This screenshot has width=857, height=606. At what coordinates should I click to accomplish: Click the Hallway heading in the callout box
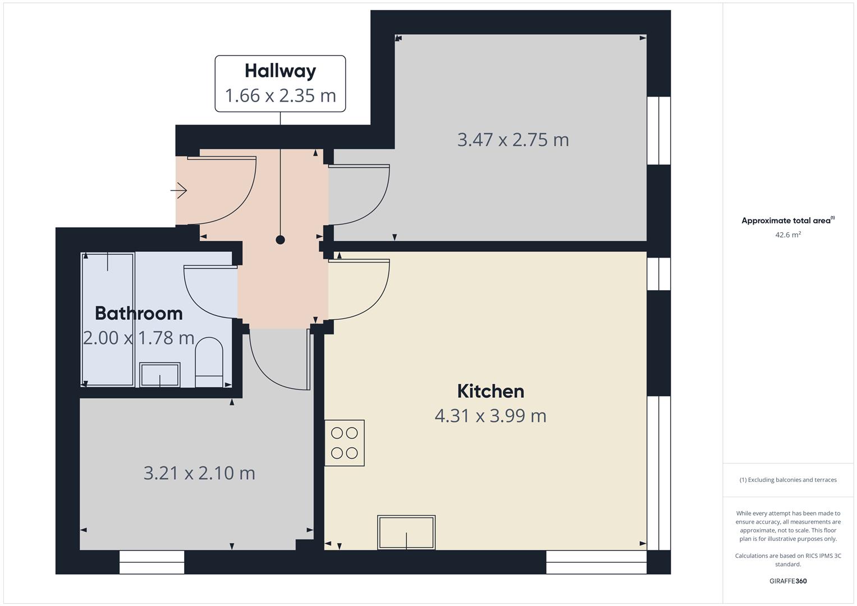pos(281,71)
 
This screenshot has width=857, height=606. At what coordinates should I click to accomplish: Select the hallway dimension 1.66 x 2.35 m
pos(281,95)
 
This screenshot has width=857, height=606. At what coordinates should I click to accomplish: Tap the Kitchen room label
pos(491,392)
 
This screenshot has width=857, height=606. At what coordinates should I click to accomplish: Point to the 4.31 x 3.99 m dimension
pos(491,416)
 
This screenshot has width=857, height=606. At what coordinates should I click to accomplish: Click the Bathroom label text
pos(139,313)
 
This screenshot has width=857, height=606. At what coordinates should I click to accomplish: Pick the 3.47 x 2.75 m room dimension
pos(513,140)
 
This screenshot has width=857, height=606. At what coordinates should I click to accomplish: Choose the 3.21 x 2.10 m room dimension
pos(199,473)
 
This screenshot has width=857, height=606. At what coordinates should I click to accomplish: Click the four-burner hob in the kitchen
pos(345,443)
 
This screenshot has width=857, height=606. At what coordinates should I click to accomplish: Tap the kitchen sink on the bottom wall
pos(406,532)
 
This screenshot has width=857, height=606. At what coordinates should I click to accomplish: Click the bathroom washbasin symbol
pos(159,375)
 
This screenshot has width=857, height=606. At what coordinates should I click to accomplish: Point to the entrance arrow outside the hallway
pos(178,190)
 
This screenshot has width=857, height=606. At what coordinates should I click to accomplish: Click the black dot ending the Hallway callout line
pos(280,240)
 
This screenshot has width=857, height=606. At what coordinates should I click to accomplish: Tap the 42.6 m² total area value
pos(788,235)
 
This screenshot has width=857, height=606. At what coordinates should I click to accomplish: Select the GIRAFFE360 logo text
pos(788,581)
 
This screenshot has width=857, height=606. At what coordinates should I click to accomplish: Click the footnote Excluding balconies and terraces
pos(788,480)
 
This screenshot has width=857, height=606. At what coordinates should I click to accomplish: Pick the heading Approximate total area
pos(788,221)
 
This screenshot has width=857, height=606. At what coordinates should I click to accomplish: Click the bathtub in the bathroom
pos(108,319)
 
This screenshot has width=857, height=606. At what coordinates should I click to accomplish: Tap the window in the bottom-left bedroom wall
pos(152,562)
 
